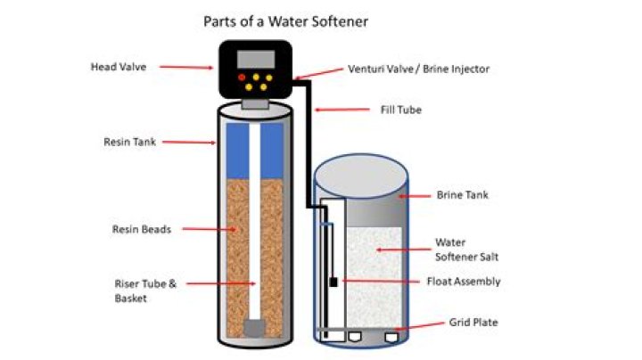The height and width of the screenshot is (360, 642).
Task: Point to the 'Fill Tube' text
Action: click(396, 110)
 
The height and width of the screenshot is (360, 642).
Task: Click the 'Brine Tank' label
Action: click(461, 194)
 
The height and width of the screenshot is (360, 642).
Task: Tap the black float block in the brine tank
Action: click(333, 282)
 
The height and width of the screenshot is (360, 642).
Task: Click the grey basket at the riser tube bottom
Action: click(254, 328)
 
